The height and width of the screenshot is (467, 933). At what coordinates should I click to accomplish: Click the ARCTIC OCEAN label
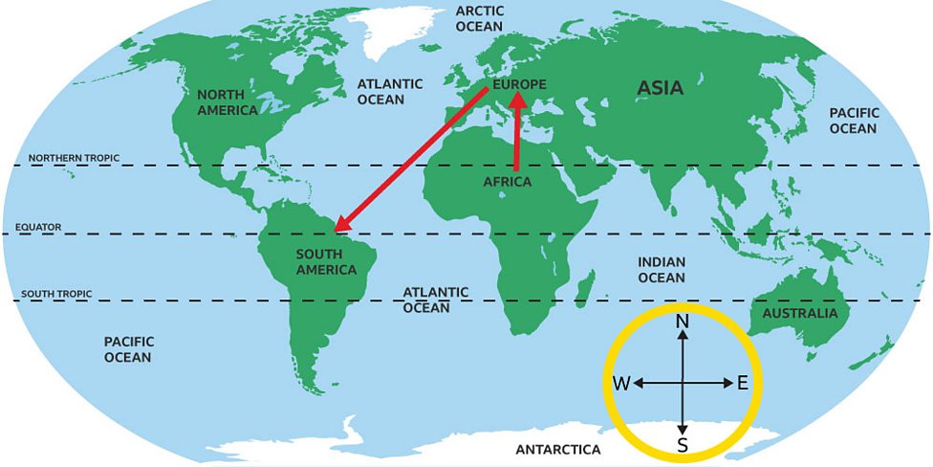click(x=479, y=18)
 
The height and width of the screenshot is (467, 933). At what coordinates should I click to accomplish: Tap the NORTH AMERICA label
click(x=228, y=102)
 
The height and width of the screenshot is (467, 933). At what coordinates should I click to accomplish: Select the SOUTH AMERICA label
click(x=326, y=262)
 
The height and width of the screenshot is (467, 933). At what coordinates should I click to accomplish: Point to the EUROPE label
click(x=521, y=84)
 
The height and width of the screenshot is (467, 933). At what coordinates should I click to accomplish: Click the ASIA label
click(x=661, y=88)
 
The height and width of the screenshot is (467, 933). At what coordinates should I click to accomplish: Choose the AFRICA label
click(x=507, y=182)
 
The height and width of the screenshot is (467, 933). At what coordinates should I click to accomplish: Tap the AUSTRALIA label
click(x=799, y=313)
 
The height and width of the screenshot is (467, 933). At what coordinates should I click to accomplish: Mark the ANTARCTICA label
click(x=558, y=449)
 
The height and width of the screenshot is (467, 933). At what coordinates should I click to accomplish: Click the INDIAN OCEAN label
click(x=662, y=269)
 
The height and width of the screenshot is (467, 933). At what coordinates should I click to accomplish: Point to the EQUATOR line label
click(x=38, y=227)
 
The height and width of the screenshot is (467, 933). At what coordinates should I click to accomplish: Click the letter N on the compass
click(x=683, y=322)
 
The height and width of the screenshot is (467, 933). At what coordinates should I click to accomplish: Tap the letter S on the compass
click(x=683, y=445)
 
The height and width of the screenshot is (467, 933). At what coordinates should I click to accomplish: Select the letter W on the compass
click(x=621, y=384)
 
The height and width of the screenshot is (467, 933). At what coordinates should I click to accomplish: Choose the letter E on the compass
click(x=743, y=383)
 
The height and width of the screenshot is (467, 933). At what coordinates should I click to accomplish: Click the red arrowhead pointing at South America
click(x=341, y=226)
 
